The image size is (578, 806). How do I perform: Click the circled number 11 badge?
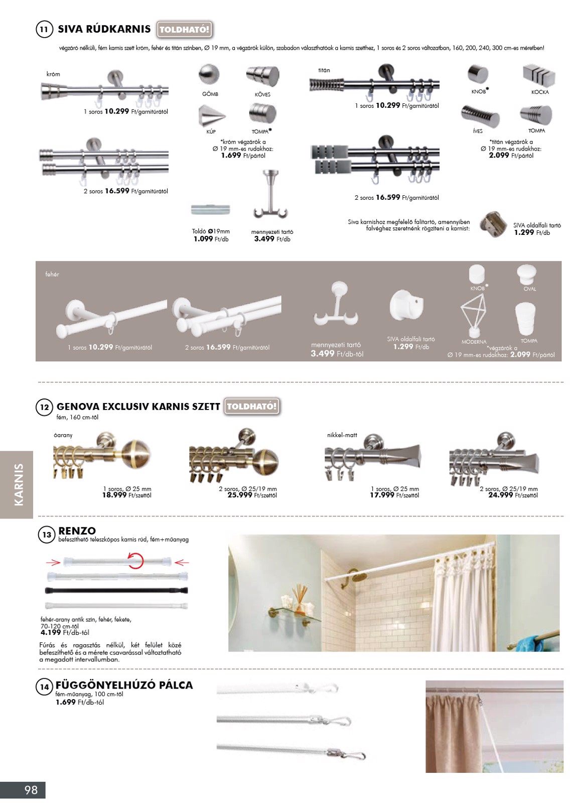(x=44, y=29)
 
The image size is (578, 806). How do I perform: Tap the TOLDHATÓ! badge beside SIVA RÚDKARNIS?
(x=184, y=30)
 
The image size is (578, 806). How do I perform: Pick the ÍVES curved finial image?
(x=480, y=116)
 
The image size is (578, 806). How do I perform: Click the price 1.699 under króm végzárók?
(x=231, y=156)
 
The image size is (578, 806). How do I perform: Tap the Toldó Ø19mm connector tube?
(x=211, y=209)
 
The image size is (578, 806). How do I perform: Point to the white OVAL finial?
(x=526, y=275)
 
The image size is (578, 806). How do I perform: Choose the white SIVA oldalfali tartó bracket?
(x=406, y=306)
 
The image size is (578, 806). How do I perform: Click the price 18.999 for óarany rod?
(x=114, y=495)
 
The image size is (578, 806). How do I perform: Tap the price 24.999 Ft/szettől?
(x=500, y=495)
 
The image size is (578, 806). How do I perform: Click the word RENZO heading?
(x=77, y=531)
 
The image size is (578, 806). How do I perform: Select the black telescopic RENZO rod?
(x=116, y=591)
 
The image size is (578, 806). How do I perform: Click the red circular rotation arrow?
(x=135, y=560)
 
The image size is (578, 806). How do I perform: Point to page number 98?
(x=31, y=790)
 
